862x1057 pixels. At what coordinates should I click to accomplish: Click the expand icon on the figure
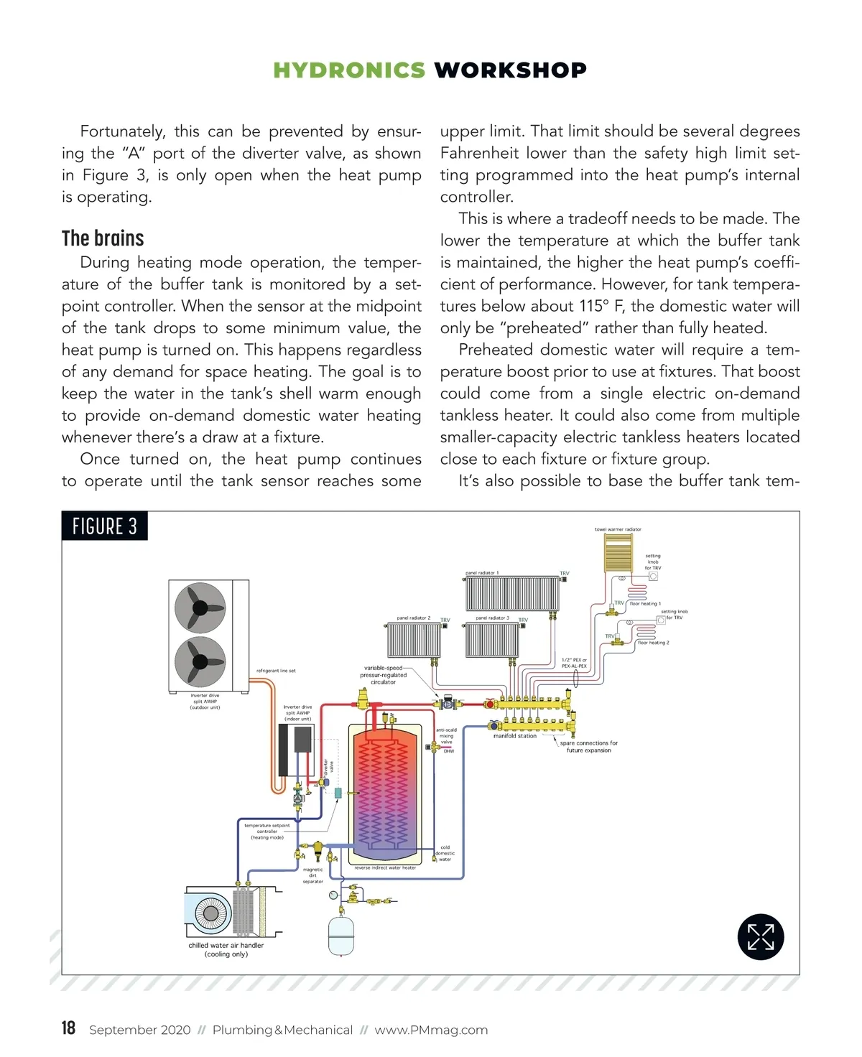tap(760, 937)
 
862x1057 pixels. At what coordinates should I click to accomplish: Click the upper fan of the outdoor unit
tap(200, 608)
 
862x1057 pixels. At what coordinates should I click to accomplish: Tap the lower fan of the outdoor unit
tap(200, 661)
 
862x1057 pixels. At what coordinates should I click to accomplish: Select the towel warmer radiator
tap(618, 553)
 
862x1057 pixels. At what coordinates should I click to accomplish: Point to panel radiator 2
tap(414, 640)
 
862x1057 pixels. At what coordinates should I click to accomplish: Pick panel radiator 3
tap(492, 640)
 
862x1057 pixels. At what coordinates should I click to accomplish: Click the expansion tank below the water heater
tap(341, 935)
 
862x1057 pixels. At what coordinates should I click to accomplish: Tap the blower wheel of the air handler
tap(210, 913)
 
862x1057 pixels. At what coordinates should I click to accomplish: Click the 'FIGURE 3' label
tap(105, 526)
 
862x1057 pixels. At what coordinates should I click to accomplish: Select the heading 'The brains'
tap(103, 238)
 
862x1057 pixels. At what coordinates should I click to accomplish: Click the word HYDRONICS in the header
tap(349, 70)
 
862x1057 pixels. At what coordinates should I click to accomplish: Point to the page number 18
tap(68, 1028)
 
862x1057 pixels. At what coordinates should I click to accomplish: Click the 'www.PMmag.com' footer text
tap(431, 1030)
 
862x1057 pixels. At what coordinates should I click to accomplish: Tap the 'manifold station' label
tap(515, 736)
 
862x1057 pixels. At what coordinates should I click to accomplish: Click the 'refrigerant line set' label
tap(276, 671)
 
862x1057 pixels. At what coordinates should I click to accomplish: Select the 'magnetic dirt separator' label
tap(313, 875)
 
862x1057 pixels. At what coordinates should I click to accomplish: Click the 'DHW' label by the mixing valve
tap(449, 751)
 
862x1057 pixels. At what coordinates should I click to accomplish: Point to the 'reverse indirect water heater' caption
tap(385, 867)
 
